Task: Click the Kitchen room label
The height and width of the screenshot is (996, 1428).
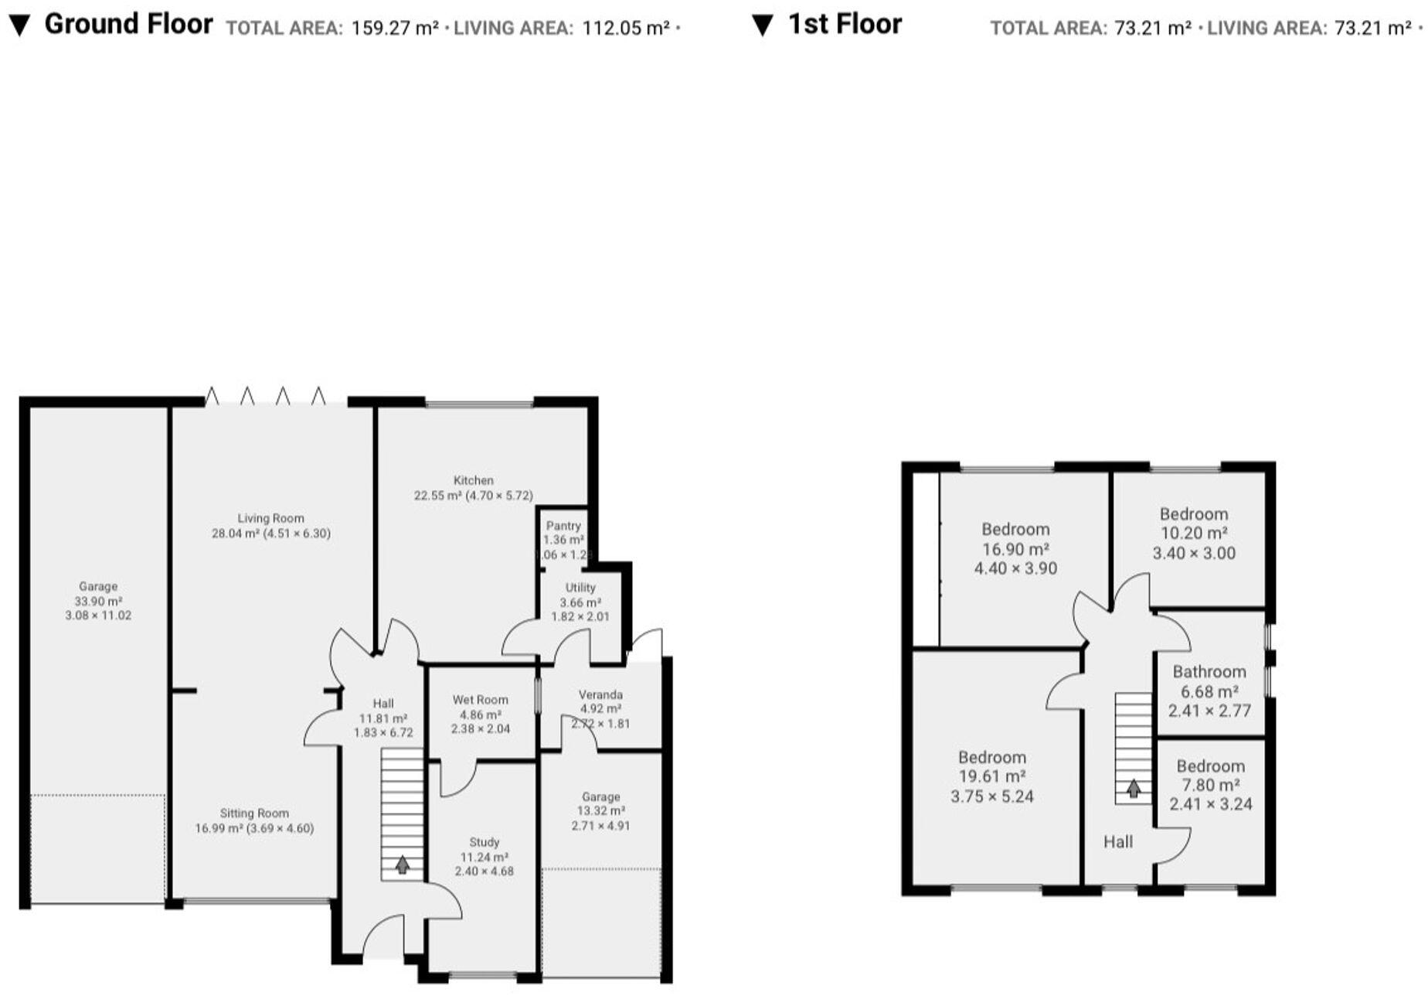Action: pos(473,480)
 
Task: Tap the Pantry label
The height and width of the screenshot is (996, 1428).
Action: pos(563,525)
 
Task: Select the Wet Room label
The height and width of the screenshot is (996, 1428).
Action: pos(480,700)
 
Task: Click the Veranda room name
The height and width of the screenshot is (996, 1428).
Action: pos(600,694)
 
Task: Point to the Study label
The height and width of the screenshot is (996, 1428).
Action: pos(484,842)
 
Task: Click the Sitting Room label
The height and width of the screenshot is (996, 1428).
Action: pos(254,813)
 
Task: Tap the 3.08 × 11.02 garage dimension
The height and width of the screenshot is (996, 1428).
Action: pos(98,616)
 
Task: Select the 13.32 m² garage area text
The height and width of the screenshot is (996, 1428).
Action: pos(601,810)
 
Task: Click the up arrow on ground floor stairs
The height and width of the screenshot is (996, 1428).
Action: pos(402,864)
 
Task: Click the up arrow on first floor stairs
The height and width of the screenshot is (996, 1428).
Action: pos(1133,789)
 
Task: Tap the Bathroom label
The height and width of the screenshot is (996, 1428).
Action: pos(1209,671)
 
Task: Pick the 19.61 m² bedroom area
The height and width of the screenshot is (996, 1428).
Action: pos(991,776)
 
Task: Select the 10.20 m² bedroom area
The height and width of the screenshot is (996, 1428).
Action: pos(1194,533)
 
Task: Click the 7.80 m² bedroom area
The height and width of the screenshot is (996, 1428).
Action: pos(1210,785)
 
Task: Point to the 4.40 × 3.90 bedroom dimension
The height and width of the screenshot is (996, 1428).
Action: pos(1015,568)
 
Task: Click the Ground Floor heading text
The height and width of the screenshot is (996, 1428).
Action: pos(128,24)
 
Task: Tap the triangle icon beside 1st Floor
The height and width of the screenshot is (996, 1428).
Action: pos(762,26)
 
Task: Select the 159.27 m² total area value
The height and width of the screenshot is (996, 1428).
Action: pos(395,29)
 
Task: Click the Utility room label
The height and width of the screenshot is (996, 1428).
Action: pos(580,588)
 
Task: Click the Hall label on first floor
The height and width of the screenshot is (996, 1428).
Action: pos(1117,841)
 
